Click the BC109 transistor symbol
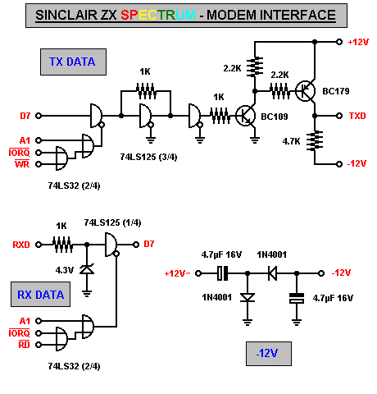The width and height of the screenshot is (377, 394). [x=245, y=116]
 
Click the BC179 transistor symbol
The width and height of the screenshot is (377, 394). [x=306, y=91]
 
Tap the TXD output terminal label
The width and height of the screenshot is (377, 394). [x=357, y=116]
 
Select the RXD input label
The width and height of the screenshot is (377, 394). [x=21, y=245]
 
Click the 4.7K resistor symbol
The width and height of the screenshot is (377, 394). [x=315, y=141]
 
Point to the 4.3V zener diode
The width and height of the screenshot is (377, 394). [x=87, y=269]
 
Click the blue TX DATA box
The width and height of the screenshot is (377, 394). [x=73, y=62]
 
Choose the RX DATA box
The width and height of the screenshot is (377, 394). [x=40, y=295]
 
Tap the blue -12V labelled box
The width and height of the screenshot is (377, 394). [x=269, y=354]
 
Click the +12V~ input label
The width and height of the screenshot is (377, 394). [x=177, y=273]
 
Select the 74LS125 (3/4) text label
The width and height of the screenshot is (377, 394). [x=148, y=157]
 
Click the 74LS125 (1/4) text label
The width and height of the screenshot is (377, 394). [x=112, y=222]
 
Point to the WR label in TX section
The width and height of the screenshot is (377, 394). [x=22, y=164]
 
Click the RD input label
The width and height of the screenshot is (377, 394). [x=24, y=345]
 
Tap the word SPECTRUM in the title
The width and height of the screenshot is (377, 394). [x=158, y=15]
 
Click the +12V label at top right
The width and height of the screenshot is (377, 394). [x=358, y=42]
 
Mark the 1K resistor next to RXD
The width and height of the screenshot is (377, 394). [x=62, y=245]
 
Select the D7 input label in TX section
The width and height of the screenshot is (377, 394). [x=25, y=116]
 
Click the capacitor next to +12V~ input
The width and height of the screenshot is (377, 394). [x=222, y=273]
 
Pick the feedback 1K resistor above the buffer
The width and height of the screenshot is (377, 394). [x=146, y=91]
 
